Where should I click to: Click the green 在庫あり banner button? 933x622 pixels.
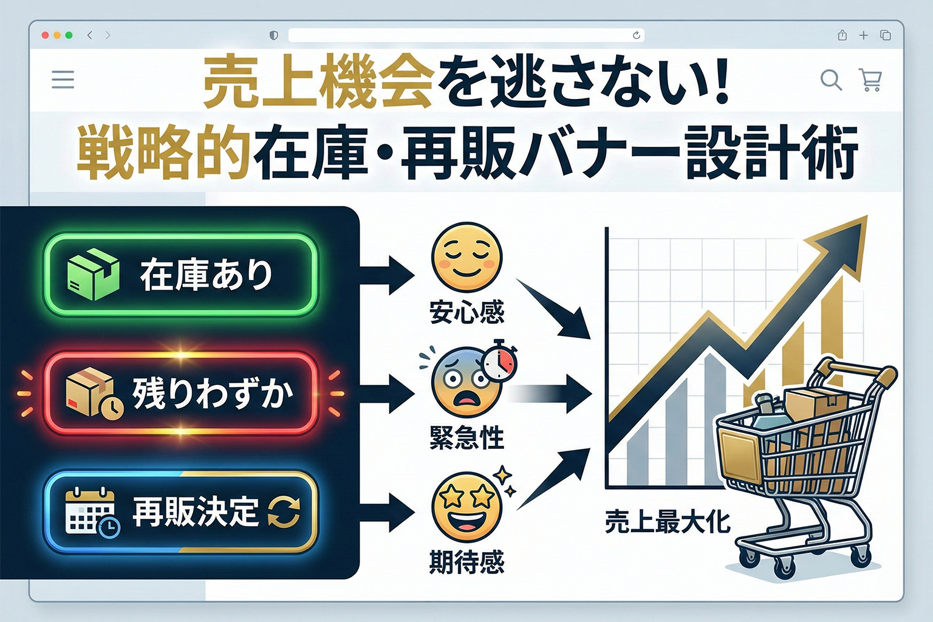180,275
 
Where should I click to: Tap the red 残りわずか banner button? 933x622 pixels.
180,393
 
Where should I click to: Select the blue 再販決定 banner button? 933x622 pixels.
180,511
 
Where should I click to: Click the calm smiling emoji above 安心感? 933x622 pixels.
466,258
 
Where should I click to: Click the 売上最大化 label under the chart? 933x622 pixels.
667,522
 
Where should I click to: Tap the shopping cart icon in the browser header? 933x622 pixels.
870,80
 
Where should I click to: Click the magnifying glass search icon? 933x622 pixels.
830,80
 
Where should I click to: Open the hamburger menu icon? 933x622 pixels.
63,80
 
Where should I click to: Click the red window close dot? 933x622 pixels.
45,35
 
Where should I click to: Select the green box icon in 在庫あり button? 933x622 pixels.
92,275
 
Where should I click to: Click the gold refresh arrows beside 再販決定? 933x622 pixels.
284,511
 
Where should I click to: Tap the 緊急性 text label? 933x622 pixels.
466,437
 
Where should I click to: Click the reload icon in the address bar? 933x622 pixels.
636,35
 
